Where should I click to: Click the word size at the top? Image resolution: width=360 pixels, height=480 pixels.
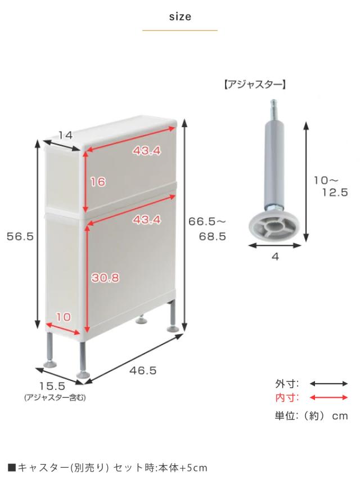tap(180, 16)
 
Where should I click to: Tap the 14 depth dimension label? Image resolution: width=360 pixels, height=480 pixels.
tap(65, 135)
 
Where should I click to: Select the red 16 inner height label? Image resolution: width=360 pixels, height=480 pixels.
tap(98, 182)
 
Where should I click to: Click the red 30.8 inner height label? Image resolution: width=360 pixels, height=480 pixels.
tap(105, 277)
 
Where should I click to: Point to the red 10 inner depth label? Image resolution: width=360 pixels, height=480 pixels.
tap(64, 317)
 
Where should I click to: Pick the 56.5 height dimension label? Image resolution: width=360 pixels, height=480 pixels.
tap(20, 236)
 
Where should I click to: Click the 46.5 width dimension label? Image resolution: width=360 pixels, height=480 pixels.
tap(143, 370)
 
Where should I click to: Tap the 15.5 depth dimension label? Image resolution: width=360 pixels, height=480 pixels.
tap(52, 385)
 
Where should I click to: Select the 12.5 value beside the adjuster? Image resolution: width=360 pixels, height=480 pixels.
tap(335, 192)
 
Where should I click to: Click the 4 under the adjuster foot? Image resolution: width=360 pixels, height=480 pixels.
tap(275, 257)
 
